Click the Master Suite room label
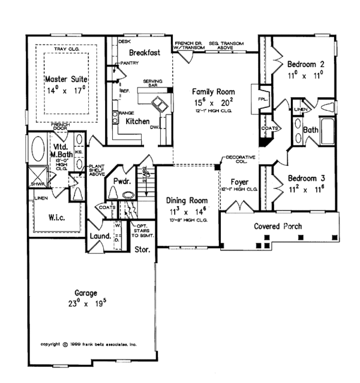(x=66, y=79)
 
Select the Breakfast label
(x=144, y=53)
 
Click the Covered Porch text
(x=278, y=227)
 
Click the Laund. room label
(x=100, y=237)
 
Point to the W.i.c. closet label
(x=52, y=214)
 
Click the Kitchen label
(x=137, y=121)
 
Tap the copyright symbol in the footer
(x=65, y=345)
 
